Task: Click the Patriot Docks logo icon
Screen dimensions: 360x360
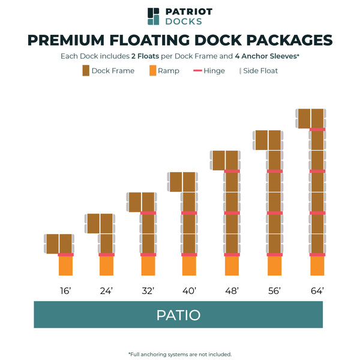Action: pyautogui.click(x=154, y=16)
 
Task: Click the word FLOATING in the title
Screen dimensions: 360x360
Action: pyautogui.click(x=154, y=40)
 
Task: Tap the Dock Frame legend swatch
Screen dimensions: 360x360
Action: pyautogui.click(x=85, y=71)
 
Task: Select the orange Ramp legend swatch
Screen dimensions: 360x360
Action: pyautogui.click(x=152, y=71)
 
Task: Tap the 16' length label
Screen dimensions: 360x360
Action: pyautogui.click(x=65, y=291)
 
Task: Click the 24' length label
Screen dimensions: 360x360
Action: pyautogui.click(x=107, y=291)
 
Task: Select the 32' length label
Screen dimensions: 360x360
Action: pyautogui.click(x=148, y=291)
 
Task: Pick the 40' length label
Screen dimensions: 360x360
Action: pyautogui.click(x=189, y=291)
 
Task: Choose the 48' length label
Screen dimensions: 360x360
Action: pyautogui.click(x=232, y=291)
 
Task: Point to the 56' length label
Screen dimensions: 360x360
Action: pyautogui.click(x=274, y=291)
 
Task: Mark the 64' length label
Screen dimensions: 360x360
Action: pyautogui.click(x=317, y=291)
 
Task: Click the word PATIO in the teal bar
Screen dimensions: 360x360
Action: pyautogui.click(x=178, y=315)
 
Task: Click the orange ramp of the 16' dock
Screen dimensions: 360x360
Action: pyautogui.click(x=65, y=266)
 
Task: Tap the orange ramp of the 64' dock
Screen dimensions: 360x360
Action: pyautogui.click(x=317, y=266)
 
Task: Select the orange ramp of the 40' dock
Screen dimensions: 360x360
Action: pyautogui.click(x=189, y=266)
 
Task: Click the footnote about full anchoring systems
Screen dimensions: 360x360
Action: pyautogui.click(x=180, y=354)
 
